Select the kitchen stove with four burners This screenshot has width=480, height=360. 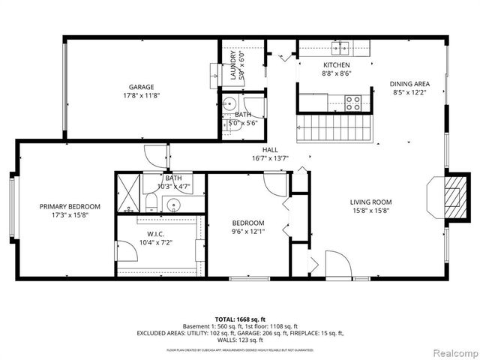[352, 103]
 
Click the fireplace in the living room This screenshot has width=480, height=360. [450, 196]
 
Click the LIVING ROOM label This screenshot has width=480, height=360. [370, 202]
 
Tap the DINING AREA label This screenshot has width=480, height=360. [409, 84]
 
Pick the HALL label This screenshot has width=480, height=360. [271, 149]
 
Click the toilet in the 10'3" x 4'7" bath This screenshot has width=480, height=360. [149, 201]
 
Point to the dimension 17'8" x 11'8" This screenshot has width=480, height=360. [142, 95]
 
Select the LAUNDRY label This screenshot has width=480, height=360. [233, 64]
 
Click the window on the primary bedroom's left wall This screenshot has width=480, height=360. [12, 206]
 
